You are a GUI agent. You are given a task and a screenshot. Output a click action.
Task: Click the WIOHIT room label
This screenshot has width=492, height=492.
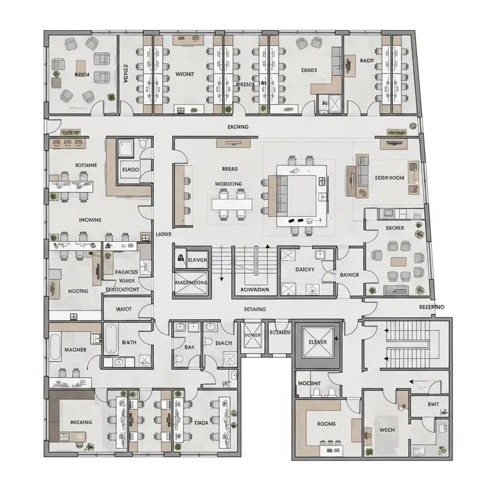pyautogui.click(x=184, y=74)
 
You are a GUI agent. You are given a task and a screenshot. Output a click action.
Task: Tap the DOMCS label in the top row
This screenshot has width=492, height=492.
pyautogui.click(x=309, y=70)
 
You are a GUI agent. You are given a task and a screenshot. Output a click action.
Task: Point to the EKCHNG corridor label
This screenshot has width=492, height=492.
pyautogui.click(x=238, y=127)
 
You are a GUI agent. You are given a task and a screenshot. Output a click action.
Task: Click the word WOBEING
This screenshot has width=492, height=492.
pyautogui.click(x=228, y=184)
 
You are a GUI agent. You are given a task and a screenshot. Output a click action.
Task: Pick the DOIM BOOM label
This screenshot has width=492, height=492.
pyautogui.click(x=389, y=178)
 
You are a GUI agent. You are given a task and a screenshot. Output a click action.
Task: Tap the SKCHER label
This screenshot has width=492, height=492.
pyautogui.click(x=394, y=228)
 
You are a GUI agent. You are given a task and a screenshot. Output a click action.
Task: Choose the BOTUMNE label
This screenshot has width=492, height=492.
pyautogui.click(x=86, y=165)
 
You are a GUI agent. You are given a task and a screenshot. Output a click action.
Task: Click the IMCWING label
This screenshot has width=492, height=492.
pyautogui.click(x=90, y=219)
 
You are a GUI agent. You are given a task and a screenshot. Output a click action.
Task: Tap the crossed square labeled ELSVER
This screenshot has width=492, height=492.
pyautogui.click(x=317, y=342)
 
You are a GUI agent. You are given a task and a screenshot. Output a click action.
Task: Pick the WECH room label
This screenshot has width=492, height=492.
pyautogui.click(x=387, y=430)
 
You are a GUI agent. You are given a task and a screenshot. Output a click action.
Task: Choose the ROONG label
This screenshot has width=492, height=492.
pyautogui.click(x=326, y=424)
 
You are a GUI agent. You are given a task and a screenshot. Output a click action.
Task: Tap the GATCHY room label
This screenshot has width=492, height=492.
pyautogui.click(x=305, y=269)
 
